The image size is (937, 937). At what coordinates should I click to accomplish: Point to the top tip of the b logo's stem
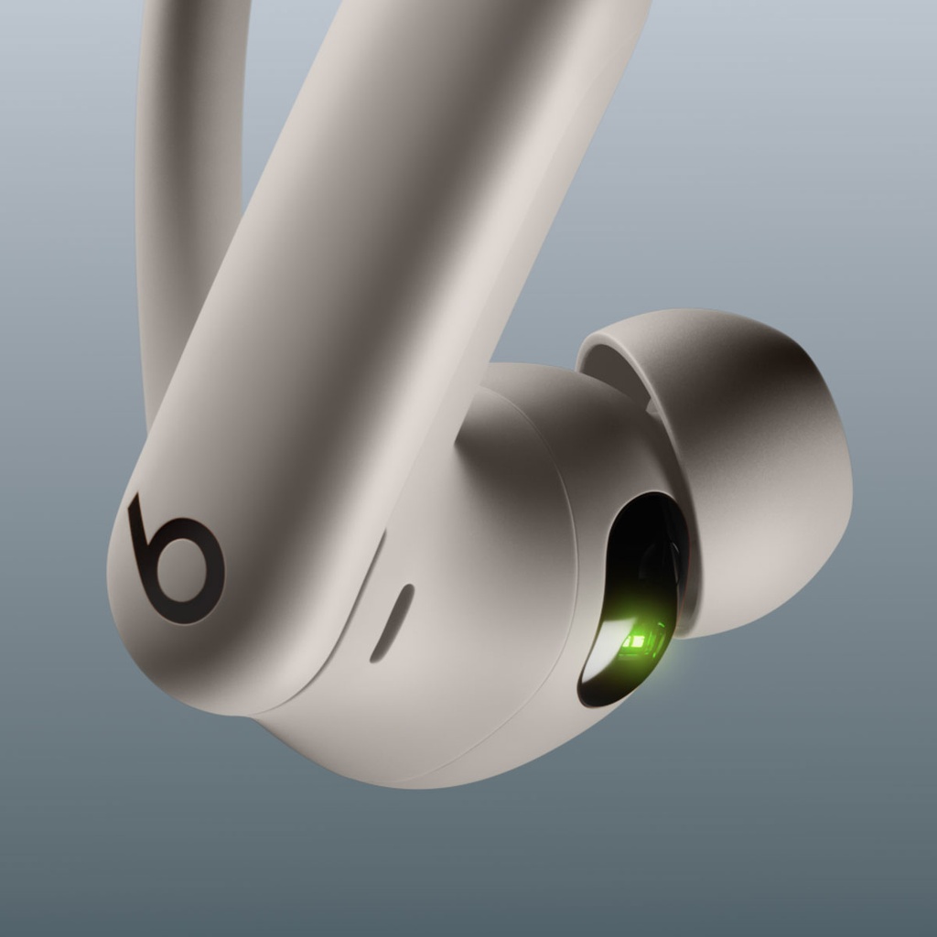(x=135, y=499)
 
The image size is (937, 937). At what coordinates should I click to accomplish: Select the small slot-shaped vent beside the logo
(x=392, y=622)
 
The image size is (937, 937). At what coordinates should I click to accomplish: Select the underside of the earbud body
(x=412, y=750)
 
